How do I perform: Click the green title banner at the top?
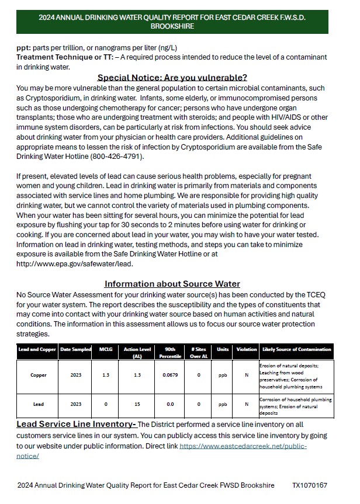[x=172, y=22]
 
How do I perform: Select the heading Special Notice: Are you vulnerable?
[x=172, y=77]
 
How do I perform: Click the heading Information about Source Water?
[x=172, y=284]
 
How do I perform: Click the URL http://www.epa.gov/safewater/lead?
[x=74, y=263]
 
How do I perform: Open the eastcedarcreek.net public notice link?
[x=243, y=446]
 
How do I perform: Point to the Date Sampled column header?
[x=75, y=349]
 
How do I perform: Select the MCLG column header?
[x=105, y=349]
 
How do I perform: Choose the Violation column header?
[x=246, y=349]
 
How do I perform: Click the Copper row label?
[x=39, y=375]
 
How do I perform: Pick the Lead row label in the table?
[x=39, y=404]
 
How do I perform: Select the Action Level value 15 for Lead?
[x=137, y=404]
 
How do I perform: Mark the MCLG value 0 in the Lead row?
[x=105, y=404]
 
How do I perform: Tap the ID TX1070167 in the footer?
[x=310, y=485]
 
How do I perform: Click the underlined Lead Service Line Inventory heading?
[x=76, y=424]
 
